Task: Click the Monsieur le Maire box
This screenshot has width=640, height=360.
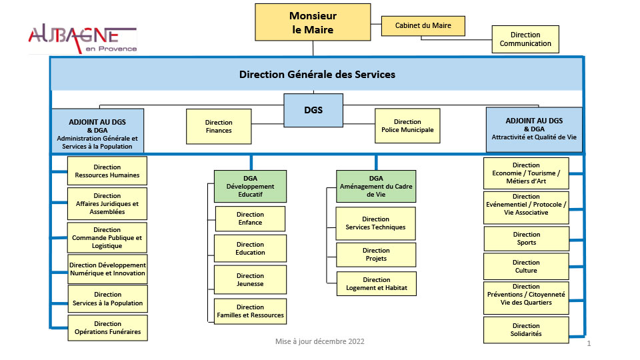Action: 313,23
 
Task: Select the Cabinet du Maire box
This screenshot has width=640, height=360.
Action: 423,26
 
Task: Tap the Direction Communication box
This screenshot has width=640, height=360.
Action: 525,39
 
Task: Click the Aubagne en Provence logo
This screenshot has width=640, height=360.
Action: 83,39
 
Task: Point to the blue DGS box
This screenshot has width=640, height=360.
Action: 313,110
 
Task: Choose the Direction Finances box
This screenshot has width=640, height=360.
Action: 219,127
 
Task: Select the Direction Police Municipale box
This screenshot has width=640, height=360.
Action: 407,126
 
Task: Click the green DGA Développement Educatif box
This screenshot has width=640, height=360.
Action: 250,186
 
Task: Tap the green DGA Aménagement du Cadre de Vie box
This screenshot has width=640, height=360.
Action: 375,186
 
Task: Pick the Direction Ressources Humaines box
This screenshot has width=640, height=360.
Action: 107,171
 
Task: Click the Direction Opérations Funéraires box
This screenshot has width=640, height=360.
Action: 107,328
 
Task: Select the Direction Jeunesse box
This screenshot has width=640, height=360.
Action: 250,280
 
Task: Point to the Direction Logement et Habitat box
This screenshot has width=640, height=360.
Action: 377,284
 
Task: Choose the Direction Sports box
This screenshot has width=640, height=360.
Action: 526,239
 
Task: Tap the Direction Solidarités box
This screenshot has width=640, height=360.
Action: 526,329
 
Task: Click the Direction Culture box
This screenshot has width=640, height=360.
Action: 526,267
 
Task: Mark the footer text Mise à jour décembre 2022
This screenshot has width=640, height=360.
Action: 320,341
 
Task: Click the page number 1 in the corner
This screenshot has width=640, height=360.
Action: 589,344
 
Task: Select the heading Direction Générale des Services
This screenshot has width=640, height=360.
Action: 317,75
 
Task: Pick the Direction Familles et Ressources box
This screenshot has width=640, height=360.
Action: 250,311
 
